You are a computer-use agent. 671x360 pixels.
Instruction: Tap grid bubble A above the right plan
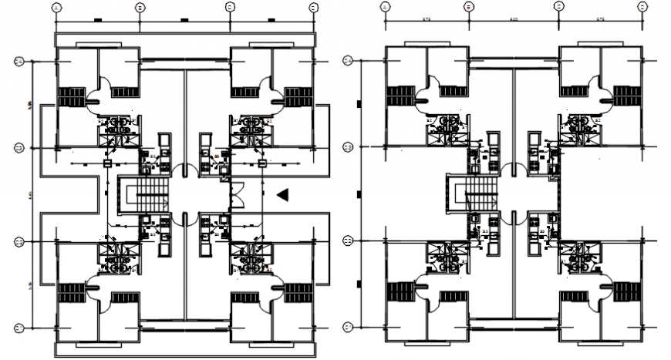[x=385, y=6]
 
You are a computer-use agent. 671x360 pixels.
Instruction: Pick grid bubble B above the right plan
[x=468, y=6]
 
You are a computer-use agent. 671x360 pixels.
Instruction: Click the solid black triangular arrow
[x=284, y=195]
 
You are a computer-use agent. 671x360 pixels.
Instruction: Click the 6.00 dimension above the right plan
[x=514, y=17]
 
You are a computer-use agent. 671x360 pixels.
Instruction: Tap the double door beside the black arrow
[x=238, y=195]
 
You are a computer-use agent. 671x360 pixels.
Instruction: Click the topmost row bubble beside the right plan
[x=348, y=61]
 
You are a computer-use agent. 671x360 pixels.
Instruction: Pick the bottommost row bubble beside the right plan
[x=348, y=327]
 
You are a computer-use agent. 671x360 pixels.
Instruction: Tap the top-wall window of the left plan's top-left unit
[x=78, y=45]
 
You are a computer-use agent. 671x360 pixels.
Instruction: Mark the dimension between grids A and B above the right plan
[x=427, y=17]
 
